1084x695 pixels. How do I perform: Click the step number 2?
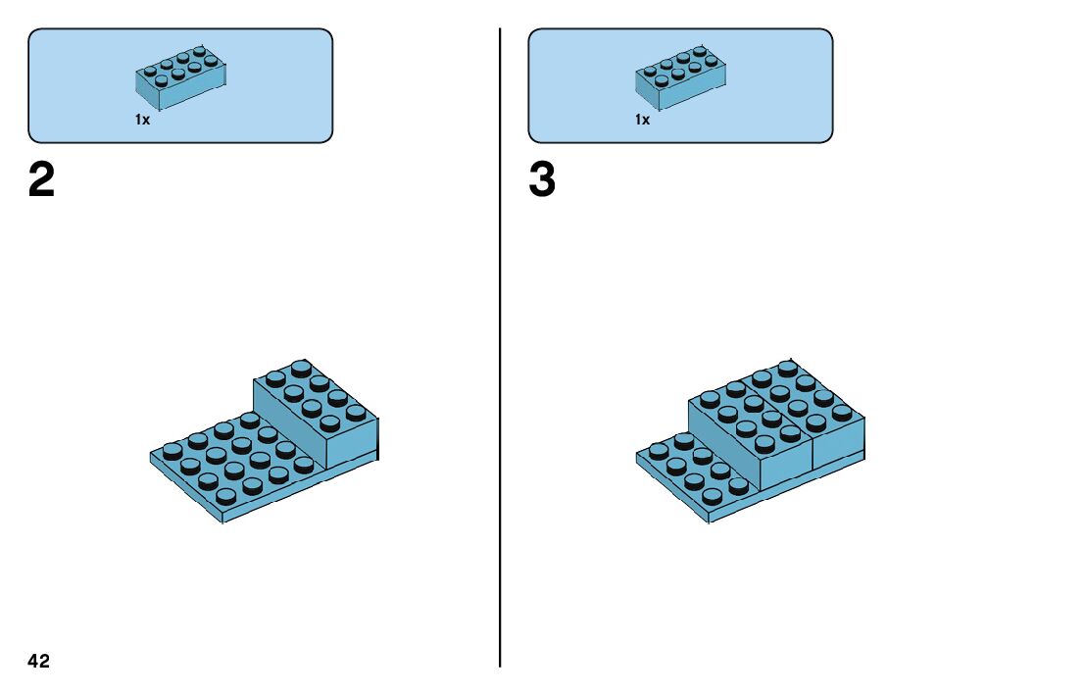tap(42, 180)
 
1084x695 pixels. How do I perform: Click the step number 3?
tap(542, 180)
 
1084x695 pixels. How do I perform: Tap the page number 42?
tap(39, 662)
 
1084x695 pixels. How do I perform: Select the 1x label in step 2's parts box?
tap(142, 120)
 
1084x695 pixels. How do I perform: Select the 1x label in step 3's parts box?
tap(642, 120)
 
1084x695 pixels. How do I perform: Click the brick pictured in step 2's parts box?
tap(181, 77)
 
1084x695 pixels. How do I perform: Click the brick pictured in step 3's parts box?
tap(681, 77)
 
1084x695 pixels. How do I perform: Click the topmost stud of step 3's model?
tap(787, 368)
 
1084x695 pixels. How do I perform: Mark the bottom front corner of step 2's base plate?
tap(223, 520)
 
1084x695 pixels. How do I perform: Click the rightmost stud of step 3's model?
tap(842, 411)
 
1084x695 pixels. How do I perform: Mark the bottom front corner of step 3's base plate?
tap(709, 520)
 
